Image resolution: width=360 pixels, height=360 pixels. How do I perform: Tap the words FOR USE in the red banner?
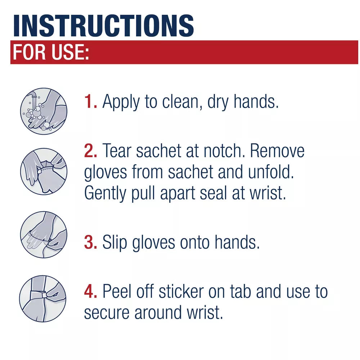(x=50, y=53)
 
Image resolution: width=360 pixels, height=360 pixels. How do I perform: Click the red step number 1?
(x=90, y=102)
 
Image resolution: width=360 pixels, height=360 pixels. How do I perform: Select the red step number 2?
(x=90, y=151)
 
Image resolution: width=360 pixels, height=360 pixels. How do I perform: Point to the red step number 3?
(x=90, y=242)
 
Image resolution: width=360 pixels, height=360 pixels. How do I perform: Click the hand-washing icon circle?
(x=44, y=111)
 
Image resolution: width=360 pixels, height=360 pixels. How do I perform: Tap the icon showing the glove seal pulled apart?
(x=44, y=171)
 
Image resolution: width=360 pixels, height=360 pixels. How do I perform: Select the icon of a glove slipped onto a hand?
(x=44, y=234)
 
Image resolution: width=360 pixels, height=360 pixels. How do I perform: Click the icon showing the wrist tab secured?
(x=43, y=298)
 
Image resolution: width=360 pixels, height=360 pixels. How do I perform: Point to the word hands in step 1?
(x=256, y=102)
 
